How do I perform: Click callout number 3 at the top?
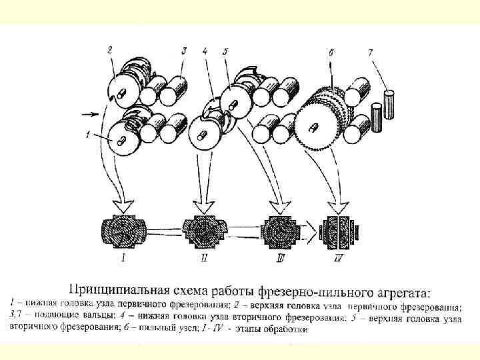tap(183, 51)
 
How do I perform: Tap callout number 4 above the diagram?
tap(205, 51)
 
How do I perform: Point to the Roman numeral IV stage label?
tap(342, 256)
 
